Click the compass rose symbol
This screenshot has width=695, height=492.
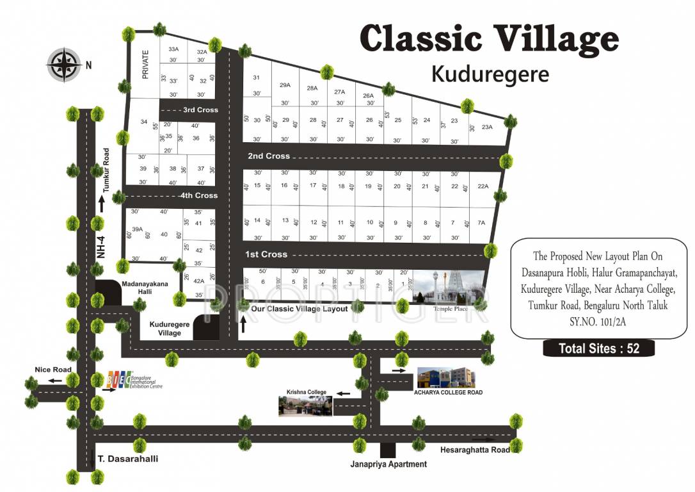[63, 64]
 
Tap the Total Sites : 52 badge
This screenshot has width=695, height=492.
[598, 348]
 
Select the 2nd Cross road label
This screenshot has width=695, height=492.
[269, 156]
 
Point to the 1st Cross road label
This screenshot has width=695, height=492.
[266, 254]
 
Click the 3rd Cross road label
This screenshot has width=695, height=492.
[200, 110]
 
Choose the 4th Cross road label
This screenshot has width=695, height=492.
[199, 195]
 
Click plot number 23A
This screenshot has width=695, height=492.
[488, 127]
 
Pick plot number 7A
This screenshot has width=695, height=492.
[481, 223]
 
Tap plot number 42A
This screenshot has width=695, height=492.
[198, 280]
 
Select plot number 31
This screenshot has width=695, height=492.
[256, 78]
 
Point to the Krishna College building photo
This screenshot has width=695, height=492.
[305, 406]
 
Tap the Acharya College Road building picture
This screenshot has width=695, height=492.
[446, 378]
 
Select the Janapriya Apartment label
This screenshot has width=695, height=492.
[388, 464]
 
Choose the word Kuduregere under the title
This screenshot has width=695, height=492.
[490, 74]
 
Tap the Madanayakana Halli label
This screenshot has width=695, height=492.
[143, 287]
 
